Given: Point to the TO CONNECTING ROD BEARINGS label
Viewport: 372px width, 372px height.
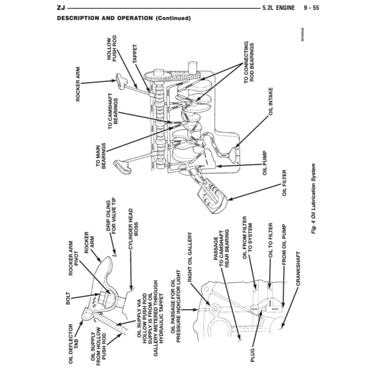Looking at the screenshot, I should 249,62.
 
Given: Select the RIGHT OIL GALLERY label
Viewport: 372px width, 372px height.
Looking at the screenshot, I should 189,257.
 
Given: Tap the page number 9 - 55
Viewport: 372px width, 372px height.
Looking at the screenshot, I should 311,8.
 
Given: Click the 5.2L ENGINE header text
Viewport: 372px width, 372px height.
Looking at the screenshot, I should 278,8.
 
